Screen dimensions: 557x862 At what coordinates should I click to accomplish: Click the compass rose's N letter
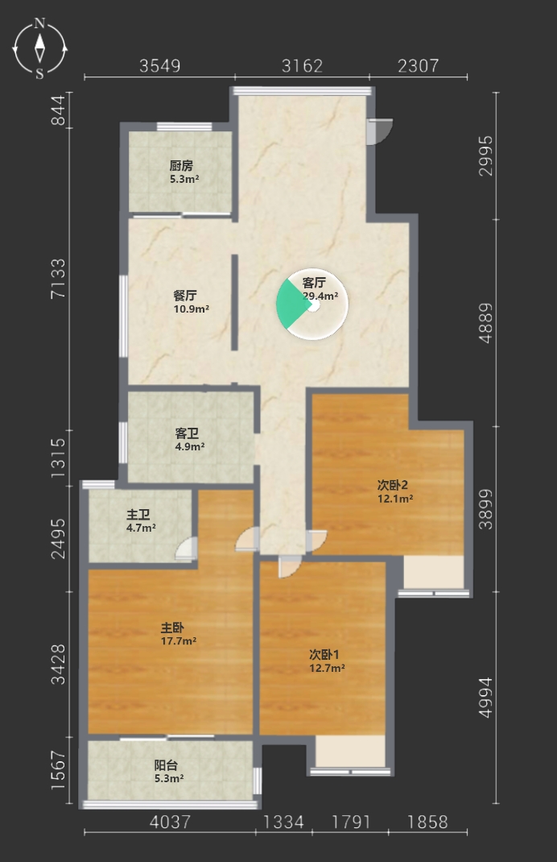click(39, 23)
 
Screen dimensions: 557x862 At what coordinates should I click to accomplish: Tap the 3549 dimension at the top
click(160, 66)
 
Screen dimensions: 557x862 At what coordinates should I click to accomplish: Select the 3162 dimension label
click(302, 66)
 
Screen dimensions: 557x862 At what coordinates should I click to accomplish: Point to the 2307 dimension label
click(419, 66)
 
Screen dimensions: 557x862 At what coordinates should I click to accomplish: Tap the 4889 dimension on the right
click(485, 323)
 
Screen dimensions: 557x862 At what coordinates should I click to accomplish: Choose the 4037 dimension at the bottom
click(171, 822)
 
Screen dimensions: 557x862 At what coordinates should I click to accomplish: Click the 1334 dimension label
click(283, 822)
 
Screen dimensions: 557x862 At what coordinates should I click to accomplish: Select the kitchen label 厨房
click(181, 165)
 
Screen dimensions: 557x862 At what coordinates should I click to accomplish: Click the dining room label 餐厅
click(185, 296)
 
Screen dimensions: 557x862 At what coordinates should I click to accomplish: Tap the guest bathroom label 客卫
click(187, 433)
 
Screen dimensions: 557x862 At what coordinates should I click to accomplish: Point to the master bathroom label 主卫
click(138, 515)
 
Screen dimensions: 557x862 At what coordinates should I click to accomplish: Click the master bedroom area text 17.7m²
click(179, 641)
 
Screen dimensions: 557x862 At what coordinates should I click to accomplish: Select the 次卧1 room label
click(324, 655)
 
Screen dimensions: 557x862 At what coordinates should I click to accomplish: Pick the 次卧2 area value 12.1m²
click(395, 499)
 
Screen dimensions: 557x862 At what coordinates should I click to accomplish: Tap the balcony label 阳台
click(166, 765)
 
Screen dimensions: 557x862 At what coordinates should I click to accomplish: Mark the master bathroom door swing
click(186, 549)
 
